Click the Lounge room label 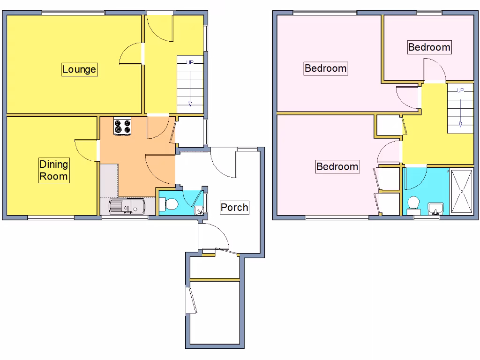tap(79, 69)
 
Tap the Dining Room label tap(53, 170)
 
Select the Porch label tap(234, 207)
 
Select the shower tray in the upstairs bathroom tap(462, 191)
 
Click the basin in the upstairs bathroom tap(436, 208)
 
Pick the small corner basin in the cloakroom tap(200, 210)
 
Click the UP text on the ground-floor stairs tap(190, 62)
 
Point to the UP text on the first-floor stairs tap(460, 90)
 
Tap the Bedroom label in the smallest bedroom tap(429, 47)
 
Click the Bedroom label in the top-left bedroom tap(325, 68)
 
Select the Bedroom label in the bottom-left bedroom tap(337, 166)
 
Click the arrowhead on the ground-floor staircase tap(190, 105)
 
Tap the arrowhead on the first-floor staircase tap(460, 124)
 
